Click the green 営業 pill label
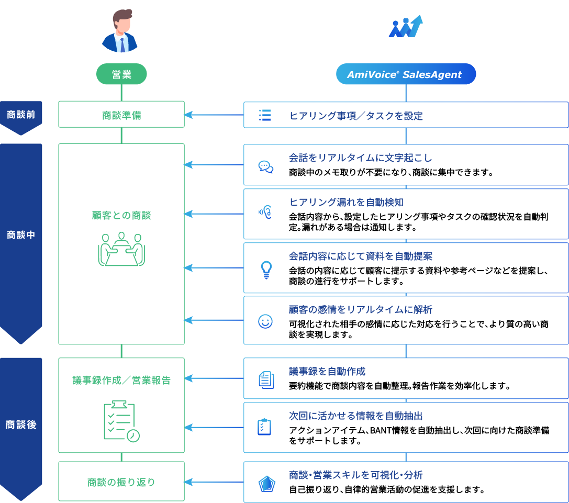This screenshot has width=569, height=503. click(121, 74)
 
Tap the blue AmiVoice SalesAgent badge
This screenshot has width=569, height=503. click(406, 74)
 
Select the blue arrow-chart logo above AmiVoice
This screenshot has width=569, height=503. click(405, 27)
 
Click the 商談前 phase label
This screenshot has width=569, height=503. click(21, 115)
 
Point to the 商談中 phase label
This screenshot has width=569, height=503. click(21, 235)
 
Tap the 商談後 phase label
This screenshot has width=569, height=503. click(21, 424)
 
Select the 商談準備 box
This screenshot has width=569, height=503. click(121, 115)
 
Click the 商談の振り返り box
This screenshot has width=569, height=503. click(121, 482)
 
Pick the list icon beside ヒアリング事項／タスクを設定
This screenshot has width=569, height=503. click(265, 116)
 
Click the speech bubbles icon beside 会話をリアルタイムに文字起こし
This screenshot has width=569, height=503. click(266, 166)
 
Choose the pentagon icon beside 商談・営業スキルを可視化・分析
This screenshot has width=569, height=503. click(266, 484)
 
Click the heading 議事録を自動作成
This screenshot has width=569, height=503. click(327, 372)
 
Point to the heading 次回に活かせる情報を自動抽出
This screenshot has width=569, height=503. click(356, 416)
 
